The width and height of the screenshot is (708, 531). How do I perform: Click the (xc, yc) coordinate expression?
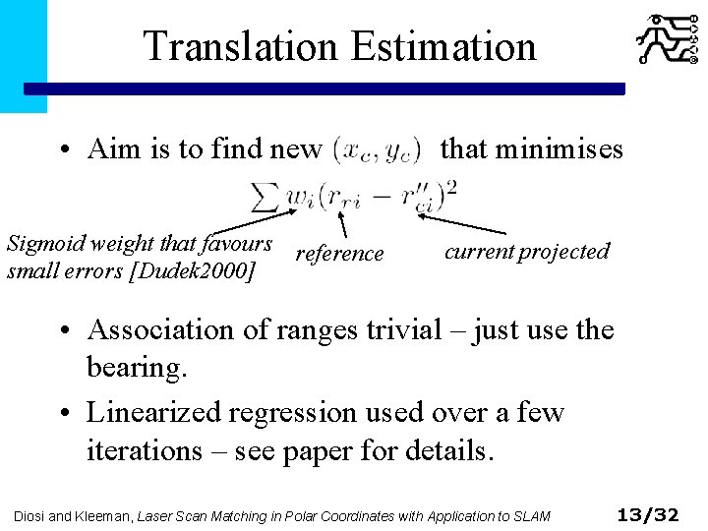[378, 150]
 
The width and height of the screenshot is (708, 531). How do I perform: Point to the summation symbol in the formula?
[265, 196]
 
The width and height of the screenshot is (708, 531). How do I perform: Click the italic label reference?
[339, 254]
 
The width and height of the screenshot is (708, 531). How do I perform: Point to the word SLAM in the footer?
[538, 515]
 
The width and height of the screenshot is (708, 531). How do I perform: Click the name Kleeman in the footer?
[100, 515]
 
